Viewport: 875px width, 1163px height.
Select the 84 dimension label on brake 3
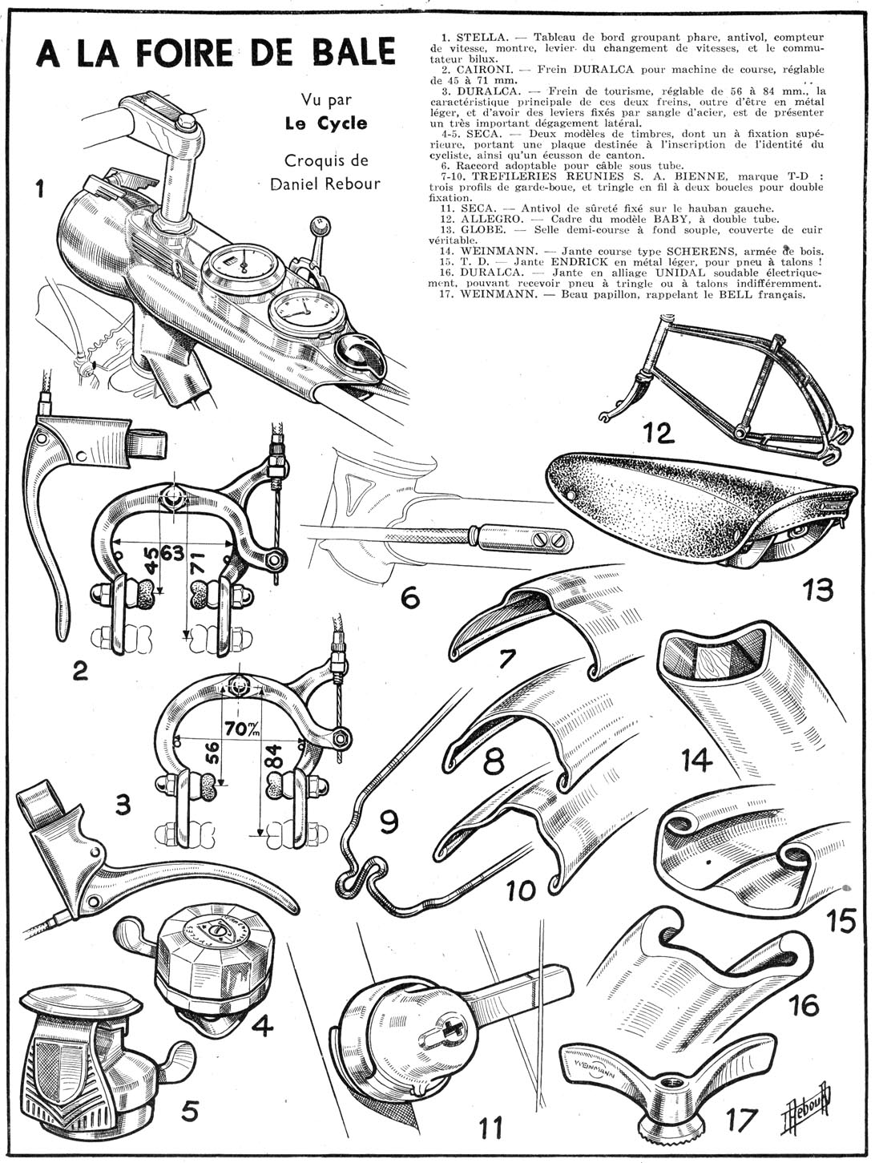coord(273,773)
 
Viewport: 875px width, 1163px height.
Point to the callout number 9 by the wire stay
coord(387,824)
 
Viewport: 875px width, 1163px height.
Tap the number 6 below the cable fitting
coord(409,597)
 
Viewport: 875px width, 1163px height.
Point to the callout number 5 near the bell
coord(190,1109)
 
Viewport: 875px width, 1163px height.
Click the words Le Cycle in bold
coord(326,123)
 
